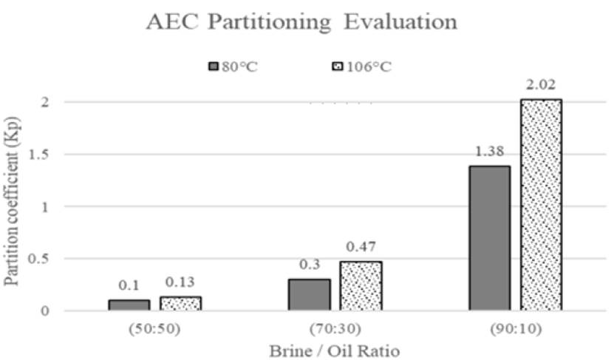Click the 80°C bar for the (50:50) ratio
(129, 305)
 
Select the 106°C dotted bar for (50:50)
(181, 303)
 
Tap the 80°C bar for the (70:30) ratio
(309, 294)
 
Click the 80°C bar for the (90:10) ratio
(489, 238)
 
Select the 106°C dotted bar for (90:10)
(542, 205)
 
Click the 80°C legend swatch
(214, 67)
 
